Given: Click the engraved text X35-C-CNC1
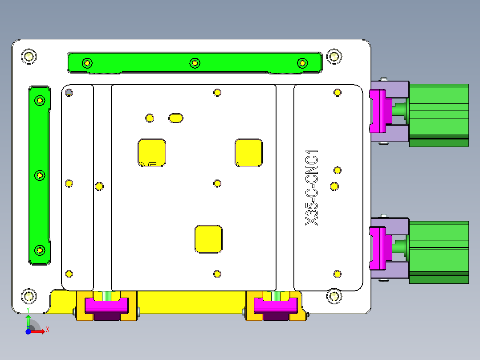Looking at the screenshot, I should tap(312, 188).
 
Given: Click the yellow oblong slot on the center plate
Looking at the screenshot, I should tap(175, 118).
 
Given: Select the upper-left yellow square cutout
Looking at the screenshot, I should tap(151, 152).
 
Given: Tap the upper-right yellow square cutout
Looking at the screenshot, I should tap(249, 152).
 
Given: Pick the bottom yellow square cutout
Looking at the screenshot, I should tap(208, 239).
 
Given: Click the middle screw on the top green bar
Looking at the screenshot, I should tap(194, 63).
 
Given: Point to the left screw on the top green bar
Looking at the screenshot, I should tap(87, 63).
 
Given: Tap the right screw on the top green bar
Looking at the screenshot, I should tap(302, 63).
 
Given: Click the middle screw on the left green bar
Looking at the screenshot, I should tap(40, 176).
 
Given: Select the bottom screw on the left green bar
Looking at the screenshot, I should tap(40, 250).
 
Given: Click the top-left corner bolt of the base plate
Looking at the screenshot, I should tap(29, 57).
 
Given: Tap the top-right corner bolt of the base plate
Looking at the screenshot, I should tap(334, 57).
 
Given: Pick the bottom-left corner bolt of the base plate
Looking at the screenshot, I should tap(29, 295).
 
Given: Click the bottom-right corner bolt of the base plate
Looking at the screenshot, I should tap(334, 295).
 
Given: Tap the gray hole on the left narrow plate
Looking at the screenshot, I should tap(69, 93).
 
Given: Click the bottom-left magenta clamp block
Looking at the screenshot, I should tap(106, 305).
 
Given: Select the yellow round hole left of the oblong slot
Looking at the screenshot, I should tap(150, 118).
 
